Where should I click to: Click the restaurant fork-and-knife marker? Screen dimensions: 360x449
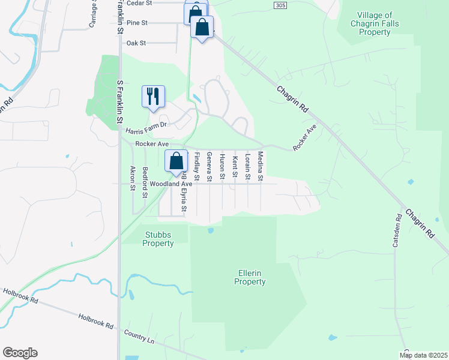tap(153, 96)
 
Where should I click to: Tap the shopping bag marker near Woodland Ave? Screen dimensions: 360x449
tap(176, 161)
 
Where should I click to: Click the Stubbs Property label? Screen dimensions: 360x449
tap(158, 239)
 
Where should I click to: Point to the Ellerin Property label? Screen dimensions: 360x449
tap(249, 277)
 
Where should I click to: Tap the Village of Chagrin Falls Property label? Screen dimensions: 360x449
tap(383, 23)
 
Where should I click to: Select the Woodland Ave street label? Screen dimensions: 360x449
tap(170, 184)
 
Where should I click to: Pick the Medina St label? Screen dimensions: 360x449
tap(261, 166)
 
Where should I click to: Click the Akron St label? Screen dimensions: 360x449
tap(133, 178)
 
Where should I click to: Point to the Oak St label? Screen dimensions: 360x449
tap(136, 43)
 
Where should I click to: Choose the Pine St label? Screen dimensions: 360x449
tap(137, 23)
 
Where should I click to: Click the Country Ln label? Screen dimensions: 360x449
tap(139, 337)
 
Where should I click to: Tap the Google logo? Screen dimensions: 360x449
tap(20, 353)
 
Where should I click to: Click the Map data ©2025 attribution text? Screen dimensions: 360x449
tap(423, 355)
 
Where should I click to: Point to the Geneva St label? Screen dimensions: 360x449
tap(209, 166)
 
